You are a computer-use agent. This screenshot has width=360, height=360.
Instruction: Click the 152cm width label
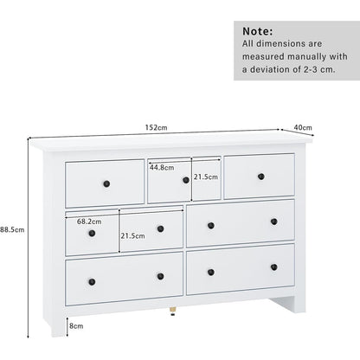pyautogui.click(x=156, y=127)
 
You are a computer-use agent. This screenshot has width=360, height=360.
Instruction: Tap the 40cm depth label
pyautogui.click(x=303, y=127)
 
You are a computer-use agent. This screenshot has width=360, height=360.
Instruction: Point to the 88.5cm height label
pyautogui.click(x=12, y=230)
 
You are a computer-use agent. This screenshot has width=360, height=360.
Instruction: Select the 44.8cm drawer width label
pyautogui.click(x=162, y=167)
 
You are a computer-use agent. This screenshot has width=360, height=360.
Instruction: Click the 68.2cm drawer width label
pyautogui.click(x=89, y=222)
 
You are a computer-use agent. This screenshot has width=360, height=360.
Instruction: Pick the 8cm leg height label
pyautogui.click(x=76, y=326)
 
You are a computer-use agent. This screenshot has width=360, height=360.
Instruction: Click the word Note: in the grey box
pyautogui.click(x=257, y=31)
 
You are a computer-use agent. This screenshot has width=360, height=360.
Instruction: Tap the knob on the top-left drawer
pyautogui.click(x=106, y=183)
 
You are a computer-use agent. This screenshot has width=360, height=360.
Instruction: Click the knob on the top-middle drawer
pyautogui.click(x=186, y=180)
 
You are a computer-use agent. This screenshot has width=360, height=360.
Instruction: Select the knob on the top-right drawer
pyautogui.click(x=261, y=177)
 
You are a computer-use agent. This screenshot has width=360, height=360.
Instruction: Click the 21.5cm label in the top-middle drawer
pyautogui.click(x=206, y=177)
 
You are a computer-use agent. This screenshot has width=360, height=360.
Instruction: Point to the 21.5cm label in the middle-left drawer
pyautogui.click(x=132, y=236)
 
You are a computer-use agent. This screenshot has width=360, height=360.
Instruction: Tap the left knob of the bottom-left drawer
pyautogui.click(x=92, y=282)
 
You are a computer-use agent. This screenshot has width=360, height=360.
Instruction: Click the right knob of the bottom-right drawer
pyautogui.click(x=274, y=267)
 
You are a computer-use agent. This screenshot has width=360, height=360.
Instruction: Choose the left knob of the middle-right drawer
pyautogui.click(x=211, y=226)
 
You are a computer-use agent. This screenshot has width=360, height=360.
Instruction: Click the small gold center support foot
pyautogui.click(x=172, y=312)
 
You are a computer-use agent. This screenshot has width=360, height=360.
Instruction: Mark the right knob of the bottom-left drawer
pyautogui.click(x=161, y=276)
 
